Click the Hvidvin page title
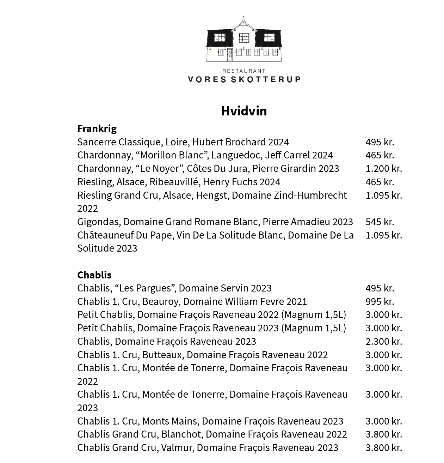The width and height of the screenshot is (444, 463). pos(244,111)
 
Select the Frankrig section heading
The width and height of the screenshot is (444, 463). pos(97,128)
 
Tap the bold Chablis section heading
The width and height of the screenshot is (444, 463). pos(94,275)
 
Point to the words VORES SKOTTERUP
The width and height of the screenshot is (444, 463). pos(244,79)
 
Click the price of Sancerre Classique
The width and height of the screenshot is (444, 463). pos(380,142)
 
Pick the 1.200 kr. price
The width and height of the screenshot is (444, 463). pos(383,168)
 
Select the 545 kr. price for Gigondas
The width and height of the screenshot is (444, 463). pos(380,222)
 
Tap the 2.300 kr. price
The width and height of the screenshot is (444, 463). pos(383,341)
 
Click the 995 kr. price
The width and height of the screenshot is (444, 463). pos(380,301)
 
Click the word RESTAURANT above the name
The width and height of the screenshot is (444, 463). pos(244,71)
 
